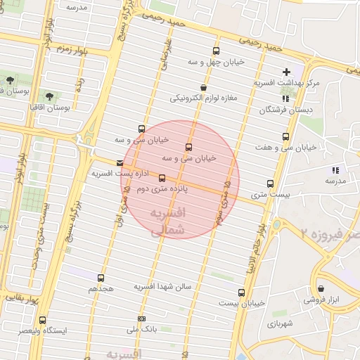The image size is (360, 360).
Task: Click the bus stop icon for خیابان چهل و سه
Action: [x=216, y=51]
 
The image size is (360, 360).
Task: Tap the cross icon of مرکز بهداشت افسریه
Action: [x=286, y=72]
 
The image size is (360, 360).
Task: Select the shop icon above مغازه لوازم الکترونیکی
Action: [x=203, y=88]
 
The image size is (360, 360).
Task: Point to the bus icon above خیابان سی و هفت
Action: [x=285, y=136]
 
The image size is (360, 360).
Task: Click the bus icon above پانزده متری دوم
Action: [x=162, y=179]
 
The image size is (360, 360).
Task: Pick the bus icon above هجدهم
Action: [x=101, y=278]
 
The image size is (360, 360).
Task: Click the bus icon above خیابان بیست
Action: [x=241, y=292]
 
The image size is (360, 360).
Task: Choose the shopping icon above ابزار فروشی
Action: [x=321, y=288]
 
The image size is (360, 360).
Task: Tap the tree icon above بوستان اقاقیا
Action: [x=49, y=96]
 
